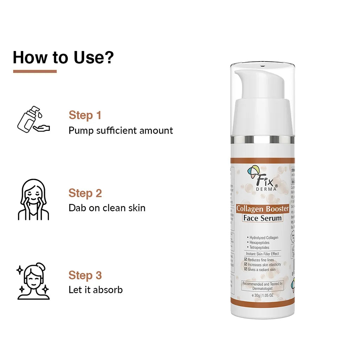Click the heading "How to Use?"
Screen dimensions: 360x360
[x=63, y=57]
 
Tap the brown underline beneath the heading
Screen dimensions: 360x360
[x=35, y=71]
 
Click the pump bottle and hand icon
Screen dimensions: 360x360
[x=33, y=120]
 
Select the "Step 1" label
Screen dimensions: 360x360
[x=85, y=115]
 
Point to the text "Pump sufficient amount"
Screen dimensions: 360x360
[x=121, y=131]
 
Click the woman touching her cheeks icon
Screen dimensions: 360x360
[x=33, y=200]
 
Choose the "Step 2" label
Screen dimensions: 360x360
[x=85, y=193]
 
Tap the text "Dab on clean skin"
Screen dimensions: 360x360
[x=107, y=208]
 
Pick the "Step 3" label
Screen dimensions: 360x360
[x=85, y=275]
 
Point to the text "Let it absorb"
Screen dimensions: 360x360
[x=95, y=290]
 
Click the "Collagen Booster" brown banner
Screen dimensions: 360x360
[x=262, y=208]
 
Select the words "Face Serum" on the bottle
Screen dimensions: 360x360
[x=262, y=218]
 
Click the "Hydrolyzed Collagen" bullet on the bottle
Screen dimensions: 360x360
[x=263, y=238]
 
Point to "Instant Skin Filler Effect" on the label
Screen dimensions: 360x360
[x=262, y=253]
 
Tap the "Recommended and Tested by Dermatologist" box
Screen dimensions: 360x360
[x=262, y=286]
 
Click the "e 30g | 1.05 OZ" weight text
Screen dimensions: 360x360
[x=262, y=295]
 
